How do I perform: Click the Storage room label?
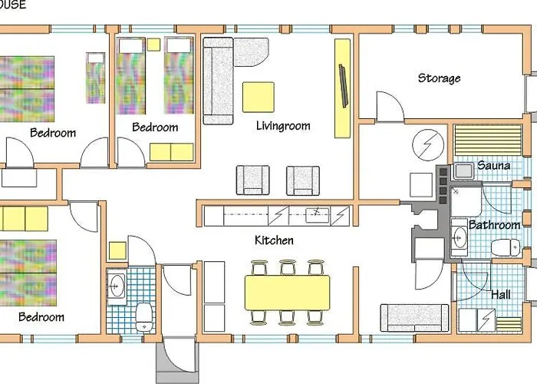[439, 78]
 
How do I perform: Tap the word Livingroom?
[283, 126]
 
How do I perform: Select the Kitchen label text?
[274, 240]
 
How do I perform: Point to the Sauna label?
[493, 165]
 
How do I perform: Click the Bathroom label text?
[494, 225]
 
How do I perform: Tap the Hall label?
[501, 294]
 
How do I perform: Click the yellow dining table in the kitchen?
[288, 293]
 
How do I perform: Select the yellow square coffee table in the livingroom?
[259, 97]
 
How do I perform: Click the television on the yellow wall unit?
[344, 86]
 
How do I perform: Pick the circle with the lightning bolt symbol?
[428, 144]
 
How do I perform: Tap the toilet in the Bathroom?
[506, 247]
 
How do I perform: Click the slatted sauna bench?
[488, 141]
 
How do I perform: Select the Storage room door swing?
[390, 106]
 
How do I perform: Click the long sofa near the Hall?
[414, 318]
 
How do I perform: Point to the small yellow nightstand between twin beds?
[153, 45]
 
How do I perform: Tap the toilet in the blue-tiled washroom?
[144, 316]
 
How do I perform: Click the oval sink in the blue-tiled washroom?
[117, 286]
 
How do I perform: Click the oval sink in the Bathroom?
[459, 237]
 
